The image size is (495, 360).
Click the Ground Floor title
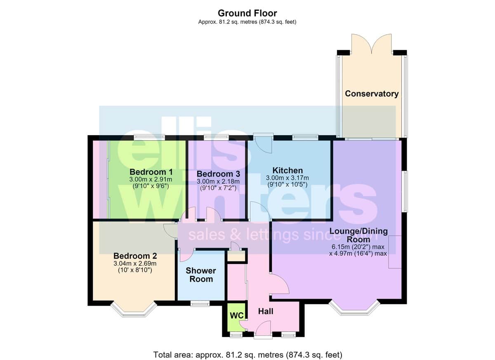click(x=247, y=13)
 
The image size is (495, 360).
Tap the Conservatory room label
click(x=372, y=94)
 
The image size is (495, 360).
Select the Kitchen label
click(x=288, y=170)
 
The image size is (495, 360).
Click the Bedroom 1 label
click(x=151, y=172)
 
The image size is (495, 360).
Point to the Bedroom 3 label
click(x=218, y=174)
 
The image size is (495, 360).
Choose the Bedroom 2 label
click(x=135, y=256)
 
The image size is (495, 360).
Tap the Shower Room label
click(x=201, y=275)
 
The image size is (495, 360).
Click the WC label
click(x=236, y=315)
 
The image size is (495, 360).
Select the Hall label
click(x=266, y=311)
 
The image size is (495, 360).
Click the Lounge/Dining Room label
click(x=358, y=235)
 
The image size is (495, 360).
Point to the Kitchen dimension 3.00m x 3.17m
click(x=287, y=178)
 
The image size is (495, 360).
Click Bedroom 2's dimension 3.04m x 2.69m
click(x=135, y=264)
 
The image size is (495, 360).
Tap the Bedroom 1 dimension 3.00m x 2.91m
click(x=151, y=179)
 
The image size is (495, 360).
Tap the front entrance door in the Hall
click(x=263, y=330)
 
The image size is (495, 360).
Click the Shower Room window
click(x=200, y=304)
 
